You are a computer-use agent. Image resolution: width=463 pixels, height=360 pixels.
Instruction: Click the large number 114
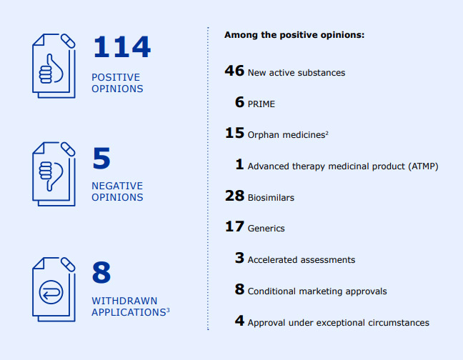point(121,47)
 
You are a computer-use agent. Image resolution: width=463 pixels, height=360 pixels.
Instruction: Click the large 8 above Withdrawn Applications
point(101,273)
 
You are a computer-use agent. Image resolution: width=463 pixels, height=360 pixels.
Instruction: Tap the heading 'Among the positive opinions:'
point(294,34)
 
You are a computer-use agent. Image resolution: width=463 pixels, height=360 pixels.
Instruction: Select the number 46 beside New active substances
point(234,71)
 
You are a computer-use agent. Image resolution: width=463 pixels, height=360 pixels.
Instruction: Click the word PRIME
point(261,104)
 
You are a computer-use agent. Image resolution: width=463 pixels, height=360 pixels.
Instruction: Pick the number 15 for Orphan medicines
point(234,134)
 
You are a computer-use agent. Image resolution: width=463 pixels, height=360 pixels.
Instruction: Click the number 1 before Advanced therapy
point(240,165)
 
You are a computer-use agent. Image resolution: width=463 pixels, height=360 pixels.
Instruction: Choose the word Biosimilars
point(271,197)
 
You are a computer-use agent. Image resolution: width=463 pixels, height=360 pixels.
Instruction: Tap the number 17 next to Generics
point(234,227)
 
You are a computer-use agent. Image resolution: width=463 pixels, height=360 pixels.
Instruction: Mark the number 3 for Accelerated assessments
point(240,259)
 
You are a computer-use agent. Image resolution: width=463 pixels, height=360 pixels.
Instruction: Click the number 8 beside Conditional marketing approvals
point(240,290)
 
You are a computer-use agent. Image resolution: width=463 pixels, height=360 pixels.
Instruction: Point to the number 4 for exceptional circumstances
point(240,321)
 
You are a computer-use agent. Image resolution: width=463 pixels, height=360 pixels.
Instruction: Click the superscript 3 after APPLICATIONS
point(168,309)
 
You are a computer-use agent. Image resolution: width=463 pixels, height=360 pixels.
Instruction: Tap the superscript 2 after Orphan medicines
point(327,132)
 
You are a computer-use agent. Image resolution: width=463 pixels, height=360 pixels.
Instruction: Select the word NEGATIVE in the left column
point(117,186)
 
